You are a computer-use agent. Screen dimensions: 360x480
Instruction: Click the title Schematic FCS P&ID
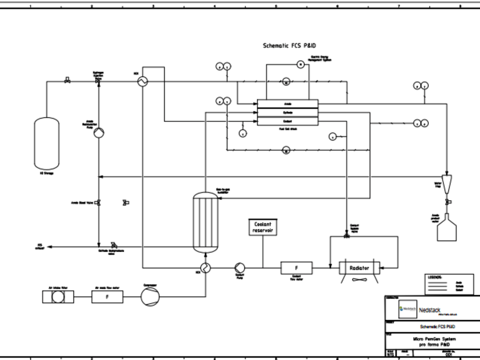click(x=289, y=46)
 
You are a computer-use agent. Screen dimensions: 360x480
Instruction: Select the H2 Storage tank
click(x=47, y=144)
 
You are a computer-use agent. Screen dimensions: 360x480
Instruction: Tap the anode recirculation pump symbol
click(x=98, y=132)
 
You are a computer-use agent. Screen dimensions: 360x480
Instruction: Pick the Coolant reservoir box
click(x=263, y=228)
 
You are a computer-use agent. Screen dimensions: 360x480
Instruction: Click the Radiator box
click(x=359, y=267)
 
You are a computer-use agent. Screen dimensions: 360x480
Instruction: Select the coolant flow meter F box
click(x=296, y=267)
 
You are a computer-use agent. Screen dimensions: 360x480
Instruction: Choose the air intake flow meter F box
click(x=107, y=297)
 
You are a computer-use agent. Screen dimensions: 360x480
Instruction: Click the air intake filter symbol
click(x=58, y=297)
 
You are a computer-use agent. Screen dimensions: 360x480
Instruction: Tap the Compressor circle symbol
click(x=150, y=297)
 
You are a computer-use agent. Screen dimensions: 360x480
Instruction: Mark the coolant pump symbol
click(x=240, y=268)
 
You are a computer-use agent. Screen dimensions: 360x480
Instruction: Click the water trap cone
click(x=447, y=182)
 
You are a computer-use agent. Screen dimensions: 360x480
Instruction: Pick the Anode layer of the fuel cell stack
click(x=288, y=104)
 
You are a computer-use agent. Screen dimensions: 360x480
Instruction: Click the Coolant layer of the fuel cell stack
click(x=288, y=121)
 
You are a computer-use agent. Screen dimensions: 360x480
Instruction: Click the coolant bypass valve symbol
click(x=347, y=236)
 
